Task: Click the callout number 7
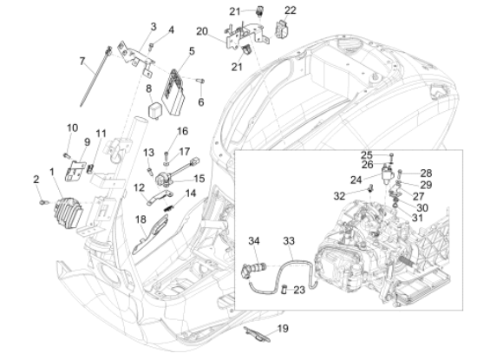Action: pos(82,62)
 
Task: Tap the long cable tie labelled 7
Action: pos(95,76)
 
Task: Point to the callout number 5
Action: pos(192,51)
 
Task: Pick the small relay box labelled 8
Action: pos(155,110)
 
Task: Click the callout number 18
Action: pos(140,219)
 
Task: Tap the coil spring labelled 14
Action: pos(169,208)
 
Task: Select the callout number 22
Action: pos(291,10)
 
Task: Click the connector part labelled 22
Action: pos(282,29)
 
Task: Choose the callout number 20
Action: pos(202,31)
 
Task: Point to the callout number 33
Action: pos(289,241)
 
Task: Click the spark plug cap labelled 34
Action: pos(253,269)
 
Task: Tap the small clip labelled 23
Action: pos(284,289)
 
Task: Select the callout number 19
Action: pos(283,329)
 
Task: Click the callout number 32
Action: pos(339,196)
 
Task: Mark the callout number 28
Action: pos(426,173)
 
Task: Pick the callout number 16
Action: pos(182,131)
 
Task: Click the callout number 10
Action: pos(72,128)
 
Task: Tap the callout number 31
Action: pos(417,218)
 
